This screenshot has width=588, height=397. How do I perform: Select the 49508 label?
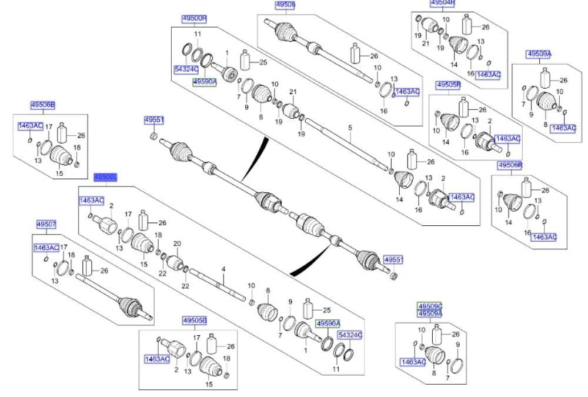tap(285, 5)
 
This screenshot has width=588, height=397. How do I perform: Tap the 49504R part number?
tap(443, 3)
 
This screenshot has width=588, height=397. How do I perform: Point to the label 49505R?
tap(449, 85)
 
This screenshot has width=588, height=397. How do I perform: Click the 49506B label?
tap(43, 105)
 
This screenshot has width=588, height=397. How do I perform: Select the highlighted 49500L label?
tap(106, 177)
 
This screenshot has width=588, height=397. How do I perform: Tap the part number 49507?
tap(46, 224)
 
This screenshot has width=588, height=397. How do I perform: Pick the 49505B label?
tap(194, 321)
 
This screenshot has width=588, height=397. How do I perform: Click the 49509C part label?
tap(430, 307)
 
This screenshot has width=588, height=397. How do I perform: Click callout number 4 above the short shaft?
tap(223, 269)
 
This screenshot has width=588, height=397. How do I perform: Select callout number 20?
tap(177, 243)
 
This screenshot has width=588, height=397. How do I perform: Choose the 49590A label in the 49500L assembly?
tap(328, 323)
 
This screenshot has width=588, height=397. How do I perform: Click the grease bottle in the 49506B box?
tap(64, 133)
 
